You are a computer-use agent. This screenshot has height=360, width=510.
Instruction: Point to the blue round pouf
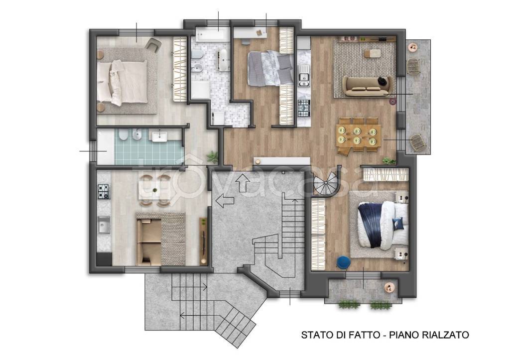343,261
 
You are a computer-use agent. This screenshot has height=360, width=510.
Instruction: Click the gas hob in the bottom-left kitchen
103,191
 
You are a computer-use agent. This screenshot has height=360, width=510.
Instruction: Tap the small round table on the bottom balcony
390,288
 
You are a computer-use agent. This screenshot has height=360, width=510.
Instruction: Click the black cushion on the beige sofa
383,81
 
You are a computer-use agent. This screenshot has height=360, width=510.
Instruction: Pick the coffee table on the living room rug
373,52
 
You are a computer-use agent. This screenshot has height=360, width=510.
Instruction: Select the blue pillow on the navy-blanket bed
397,223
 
